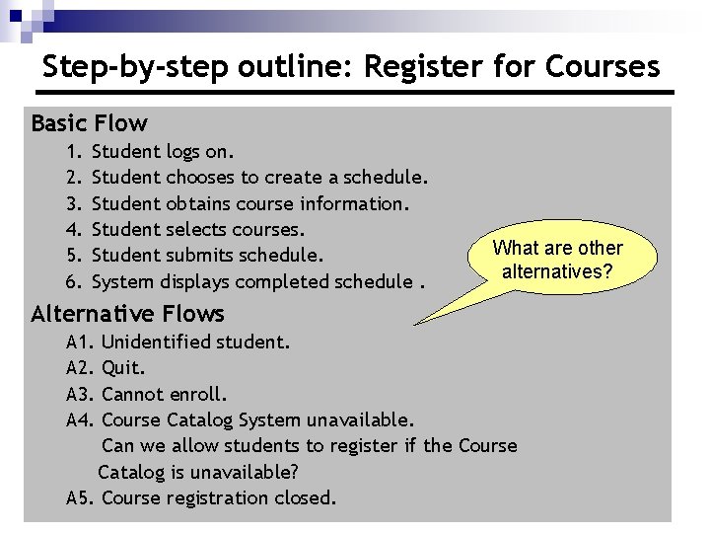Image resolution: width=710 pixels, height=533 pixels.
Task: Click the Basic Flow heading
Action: (x=89, y=123)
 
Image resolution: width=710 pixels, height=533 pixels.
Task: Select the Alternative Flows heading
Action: (x=127, y=314)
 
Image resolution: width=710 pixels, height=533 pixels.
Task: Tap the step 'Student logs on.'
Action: (x=163, y=152)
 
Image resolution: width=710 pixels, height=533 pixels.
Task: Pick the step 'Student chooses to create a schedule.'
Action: (x=259, y=178)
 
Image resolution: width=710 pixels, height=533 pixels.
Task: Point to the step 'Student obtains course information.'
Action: (x=249, y=203)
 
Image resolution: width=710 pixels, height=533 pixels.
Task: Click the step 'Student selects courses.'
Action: (x=197, y=229)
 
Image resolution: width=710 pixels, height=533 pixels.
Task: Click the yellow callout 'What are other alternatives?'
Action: (x=558, y=260)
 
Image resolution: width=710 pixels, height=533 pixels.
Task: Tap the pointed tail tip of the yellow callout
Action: (x=416, y=322)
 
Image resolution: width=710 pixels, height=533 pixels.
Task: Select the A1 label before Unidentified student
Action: (x=80, y=343)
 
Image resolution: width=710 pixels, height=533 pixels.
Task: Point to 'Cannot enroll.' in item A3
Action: (x=164, y=394)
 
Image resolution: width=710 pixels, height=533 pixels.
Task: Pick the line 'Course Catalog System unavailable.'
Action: (x=257, y=419)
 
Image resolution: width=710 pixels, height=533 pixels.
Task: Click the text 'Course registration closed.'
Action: (x=219, y=497)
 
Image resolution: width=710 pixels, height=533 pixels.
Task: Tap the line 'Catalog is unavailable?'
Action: (x=198, y=472)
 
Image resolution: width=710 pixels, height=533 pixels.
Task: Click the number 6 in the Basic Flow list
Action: (x=72, y=281)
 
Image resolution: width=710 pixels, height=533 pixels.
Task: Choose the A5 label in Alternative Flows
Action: (x=80, y=497)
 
